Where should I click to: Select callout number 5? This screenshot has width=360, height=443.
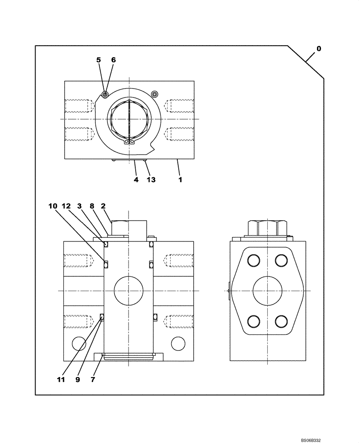pyautogui.click(x=98, y=60)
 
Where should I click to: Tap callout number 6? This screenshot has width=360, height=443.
pyautogui.click(x=113, y=60)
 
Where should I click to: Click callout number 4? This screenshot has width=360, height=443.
pyautogui.click(x=136, y=180)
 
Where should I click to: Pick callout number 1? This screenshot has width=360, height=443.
pyautogui.click(x=180, y=180)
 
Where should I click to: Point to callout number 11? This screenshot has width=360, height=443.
pyautogui.click(x=61, y=380)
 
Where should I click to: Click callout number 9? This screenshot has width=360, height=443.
pyautogui.click(x=78, y=380)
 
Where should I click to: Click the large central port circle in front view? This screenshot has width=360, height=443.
pyautogui.click(x=129, y=291)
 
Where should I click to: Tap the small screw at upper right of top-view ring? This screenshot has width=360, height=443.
pyautogui.click(x=154, y=94)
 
